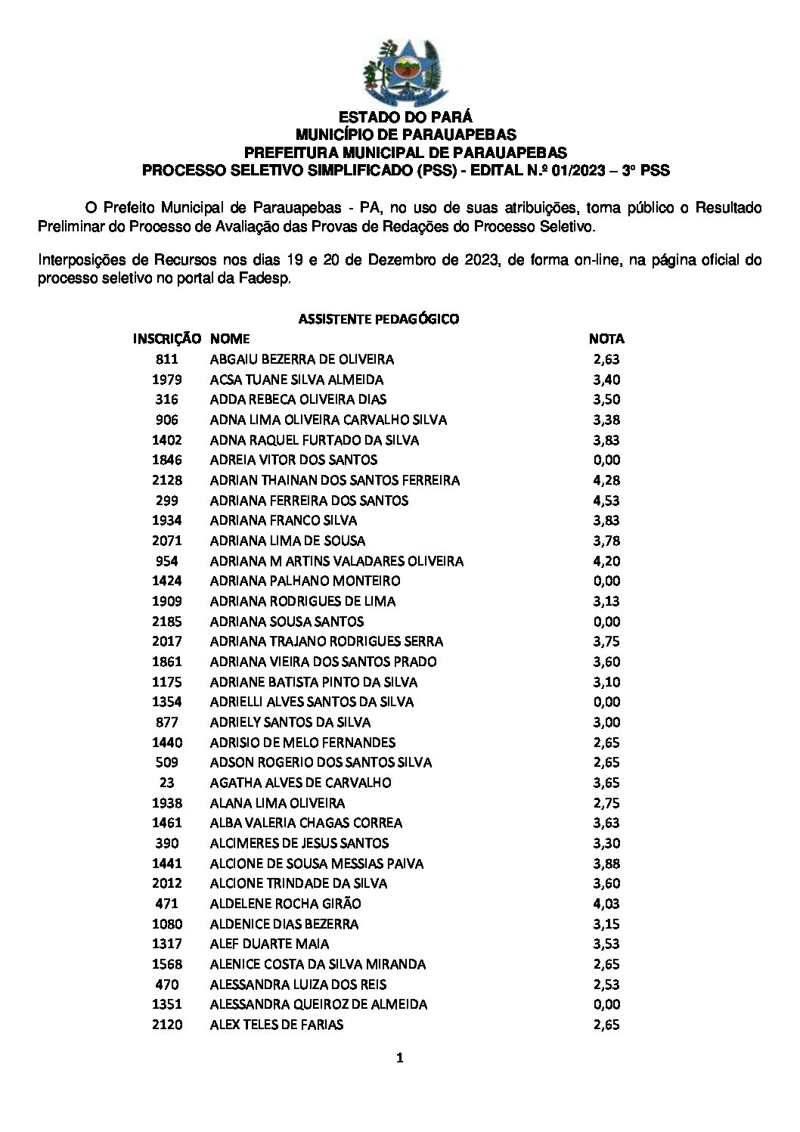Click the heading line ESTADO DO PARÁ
tap(405, 117)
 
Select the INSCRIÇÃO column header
tap(166, 339)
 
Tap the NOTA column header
tap(606, 339)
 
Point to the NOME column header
tap(230, 339)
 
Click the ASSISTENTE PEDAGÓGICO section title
tap(379, 319)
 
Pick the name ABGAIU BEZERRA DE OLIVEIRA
tap(302, 359)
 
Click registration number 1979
tap(166, 380)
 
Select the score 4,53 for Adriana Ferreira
tap(606, 501)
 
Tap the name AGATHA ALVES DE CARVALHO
tap(300, 783)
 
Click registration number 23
tap(166, 783)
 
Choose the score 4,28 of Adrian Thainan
tap(606, 480)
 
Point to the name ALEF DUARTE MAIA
tap(269, 944)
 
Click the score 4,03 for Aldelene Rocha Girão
tap(606, 904)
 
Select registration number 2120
tap(166, 1025)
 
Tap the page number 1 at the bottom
tap(400, 1059)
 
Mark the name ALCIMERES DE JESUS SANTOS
tap(299, 843)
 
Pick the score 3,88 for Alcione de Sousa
tap(606, 864)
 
